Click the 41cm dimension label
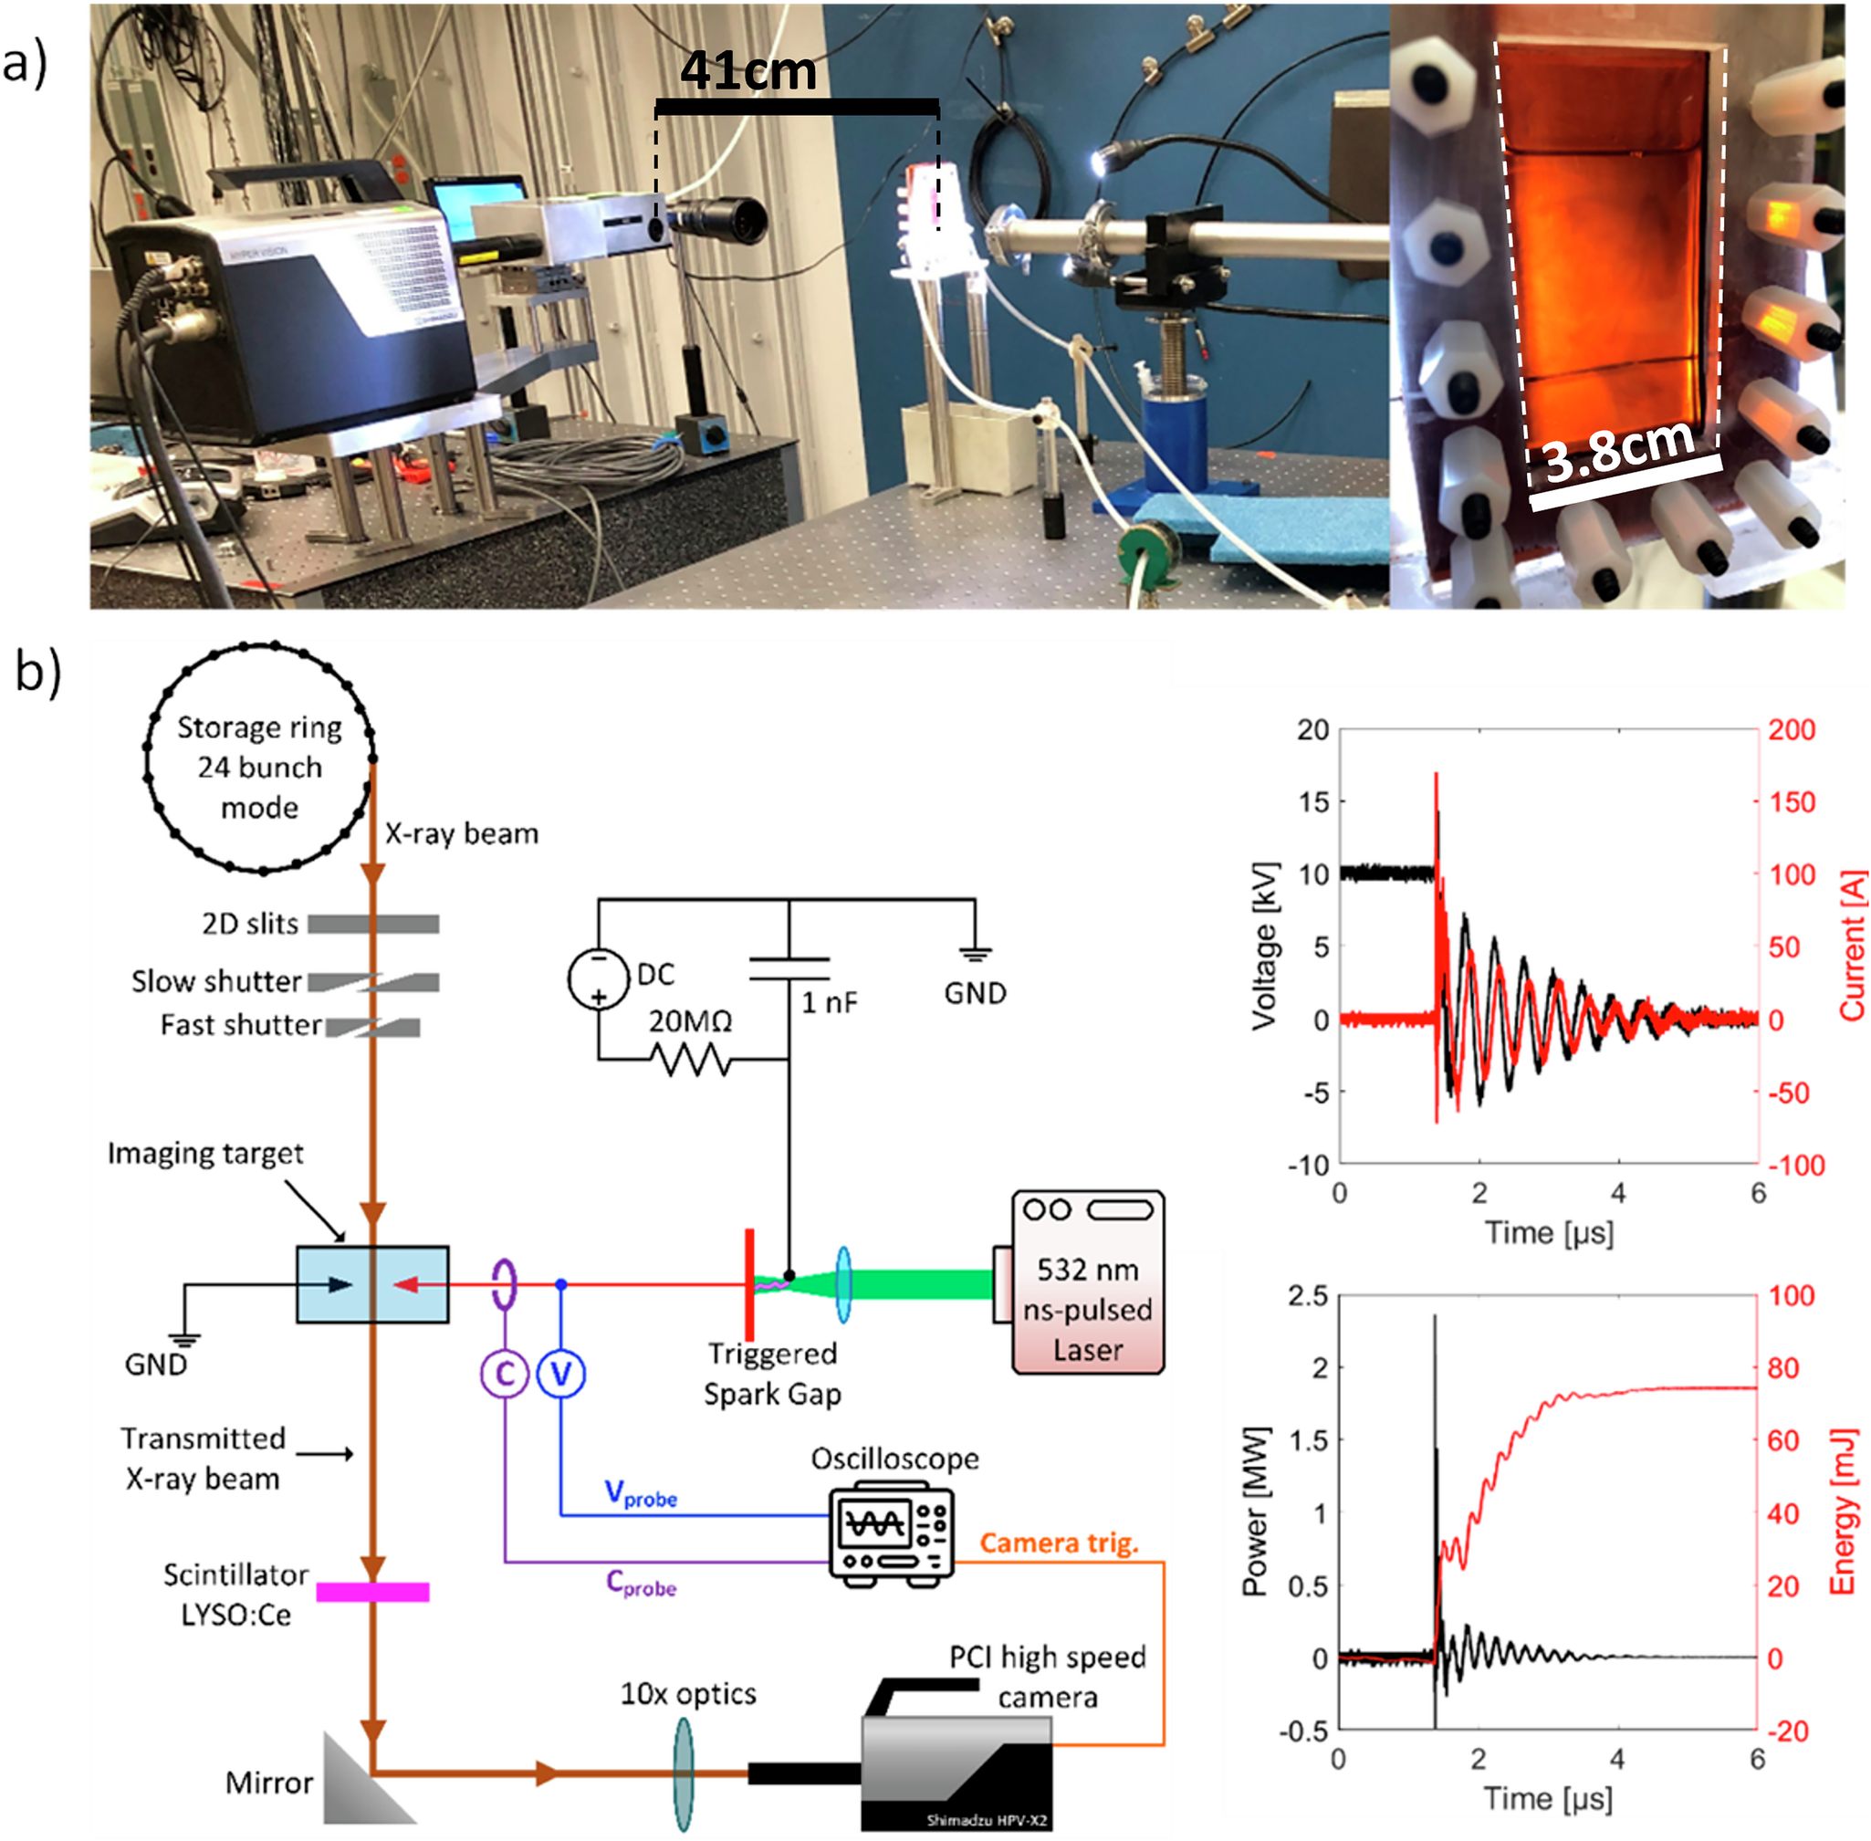click(x=747, y=70)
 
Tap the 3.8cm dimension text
click(x=1617, y=453)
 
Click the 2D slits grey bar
click(x=373, y=925)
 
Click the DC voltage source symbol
click(x=599, y=980)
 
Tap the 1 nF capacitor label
click(x=829, y=1003)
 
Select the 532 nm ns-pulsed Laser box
click(x=1087, y=1282)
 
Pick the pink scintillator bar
click(x=372, y=1592)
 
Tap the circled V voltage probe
click(x=560, y=1373)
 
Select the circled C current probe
click(x=504, y=1373)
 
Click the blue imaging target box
click(x=372, y=1284)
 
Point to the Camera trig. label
click(x=1059, y=1543)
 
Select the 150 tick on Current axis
click(x=1791, y=801)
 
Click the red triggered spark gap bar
click(x=749, y=1284)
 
